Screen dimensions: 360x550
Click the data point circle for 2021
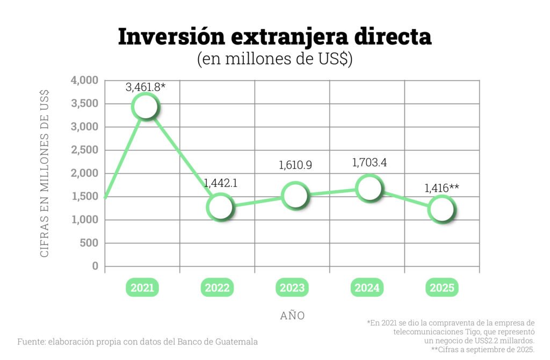click(146, 107)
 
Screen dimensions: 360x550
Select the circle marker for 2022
click(220, 206)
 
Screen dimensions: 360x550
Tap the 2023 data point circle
click(295, 195)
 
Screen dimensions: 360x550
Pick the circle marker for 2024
click(369, 188)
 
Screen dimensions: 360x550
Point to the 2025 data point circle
click(442, 208)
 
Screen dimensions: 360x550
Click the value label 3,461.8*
click(146, 87)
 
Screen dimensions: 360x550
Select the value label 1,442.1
click(220, 183)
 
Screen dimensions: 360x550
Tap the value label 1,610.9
click(295, 165)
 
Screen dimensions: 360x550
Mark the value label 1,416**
click(442, 188)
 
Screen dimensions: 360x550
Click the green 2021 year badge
click(142, 288)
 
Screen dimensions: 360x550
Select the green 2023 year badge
click(292, 288)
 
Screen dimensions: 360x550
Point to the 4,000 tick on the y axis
click(85, 81)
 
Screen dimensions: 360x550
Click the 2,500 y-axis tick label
click(85, 150)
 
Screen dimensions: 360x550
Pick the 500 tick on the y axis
click(90, 243)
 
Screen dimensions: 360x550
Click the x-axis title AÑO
click(292, 316)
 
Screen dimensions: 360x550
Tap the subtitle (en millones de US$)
click(274, 59)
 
